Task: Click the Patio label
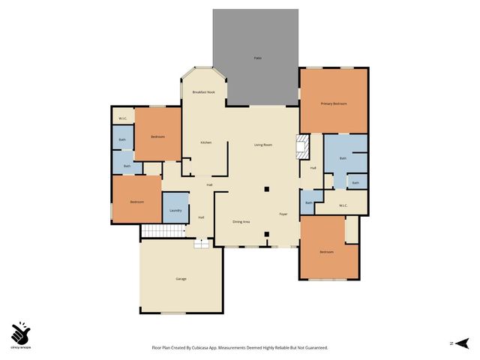[256, 58]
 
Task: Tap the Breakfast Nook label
[203, 91]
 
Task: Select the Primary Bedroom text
[334, 103]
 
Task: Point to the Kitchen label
[205, 142]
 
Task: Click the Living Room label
[262, 144]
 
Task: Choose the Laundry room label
[175, 210]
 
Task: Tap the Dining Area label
[241, 222]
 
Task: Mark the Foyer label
[284, 214]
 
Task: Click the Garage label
[181, 279]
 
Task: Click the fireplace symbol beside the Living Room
[302, 146]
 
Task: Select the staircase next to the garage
[163, 231]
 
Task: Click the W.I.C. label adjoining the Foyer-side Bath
[343, 205]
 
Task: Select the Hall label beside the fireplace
[313, 167]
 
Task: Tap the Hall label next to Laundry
[202, 217]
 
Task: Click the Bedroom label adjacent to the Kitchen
[157, 136]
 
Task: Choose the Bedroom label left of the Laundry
[136, 202]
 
